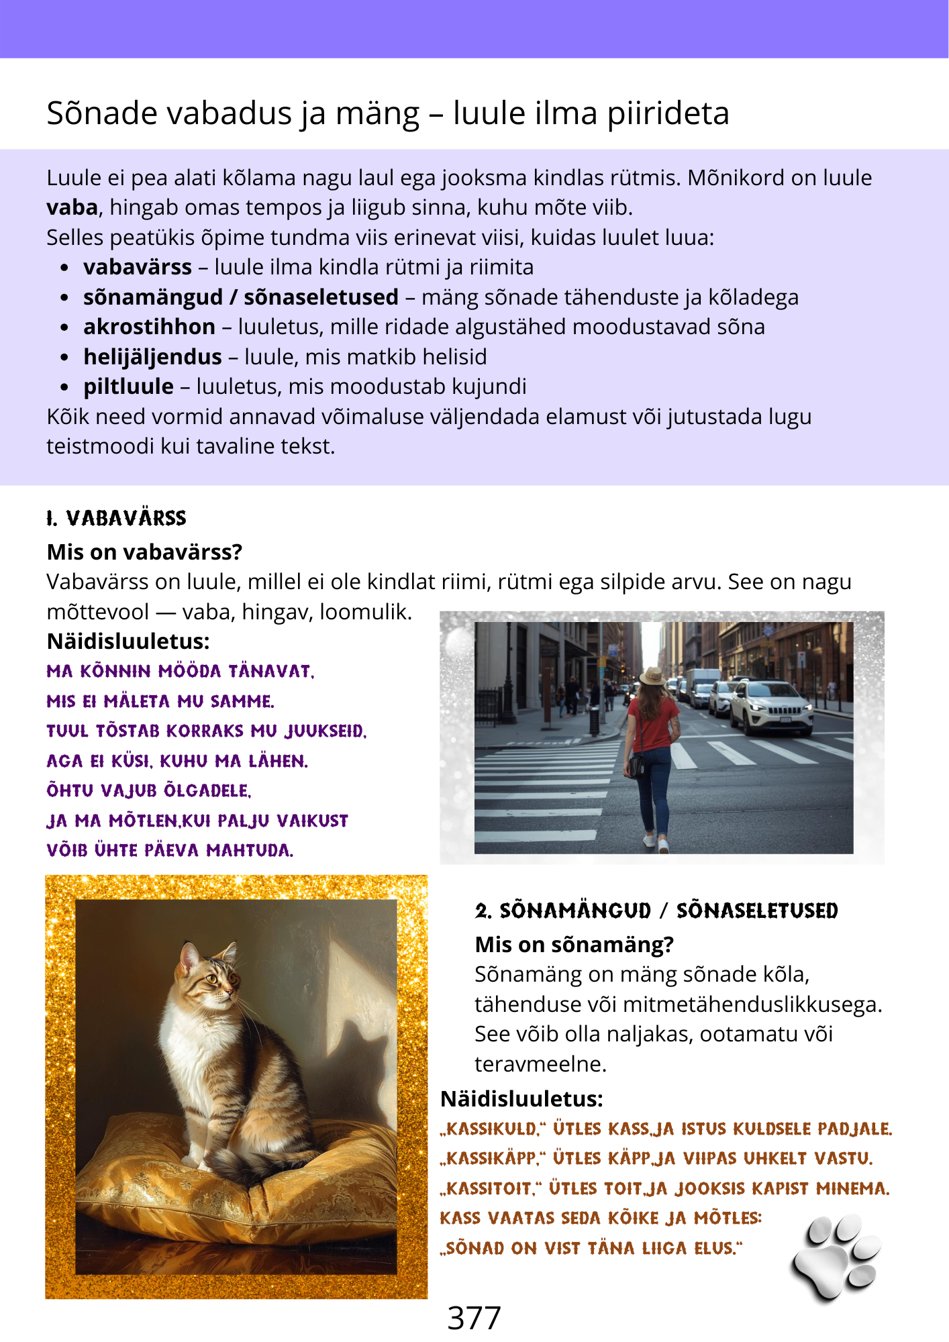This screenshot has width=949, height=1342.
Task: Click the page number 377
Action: coord(474,1318)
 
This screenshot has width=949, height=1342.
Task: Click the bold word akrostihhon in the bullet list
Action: coord(149,327)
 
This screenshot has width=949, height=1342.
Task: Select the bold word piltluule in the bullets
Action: coord(128,386)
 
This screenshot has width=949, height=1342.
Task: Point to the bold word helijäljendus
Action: coord(152,357)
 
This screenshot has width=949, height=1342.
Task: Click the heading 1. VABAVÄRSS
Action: coord(117,518)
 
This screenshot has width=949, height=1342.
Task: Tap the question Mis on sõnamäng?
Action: coord(574,945)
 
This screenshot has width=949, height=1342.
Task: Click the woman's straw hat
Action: coord(652,676)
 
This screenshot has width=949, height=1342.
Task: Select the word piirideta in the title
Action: coord(668,113)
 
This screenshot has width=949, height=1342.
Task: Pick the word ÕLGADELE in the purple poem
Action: coord(207,791)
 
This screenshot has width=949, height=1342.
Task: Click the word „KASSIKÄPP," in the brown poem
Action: coord(493,1159)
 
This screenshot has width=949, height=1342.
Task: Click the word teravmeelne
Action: coord(540,1064)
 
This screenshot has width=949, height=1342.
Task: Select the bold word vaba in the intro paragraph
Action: coord(72,207)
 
